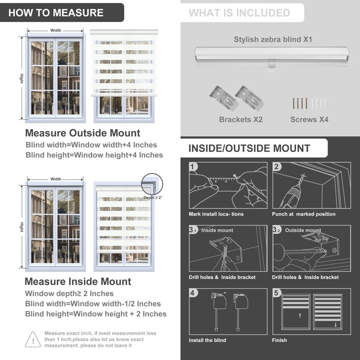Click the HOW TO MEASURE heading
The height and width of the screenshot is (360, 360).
click(x=56, y=13)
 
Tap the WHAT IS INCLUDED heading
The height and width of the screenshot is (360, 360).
click(x=239, y=13)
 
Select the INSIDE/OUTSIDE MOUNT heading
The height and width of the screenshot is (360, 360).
click(x=249, y=148)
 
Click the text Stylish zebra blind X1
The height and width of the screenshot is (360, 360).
click(x=273, y=40)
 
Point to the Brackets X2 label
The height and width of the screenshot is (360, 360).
click(x=241, y=119)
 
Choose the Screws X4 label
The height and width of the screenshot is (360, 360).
click(x=309, y=119)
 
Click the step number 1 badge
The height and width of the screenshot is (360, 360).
click(x=193, y=167)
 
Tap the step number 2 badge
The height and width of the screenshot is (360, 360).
click(x=277, y=167)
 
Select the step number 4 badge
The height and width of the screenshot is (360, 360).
click(x=193, y=293)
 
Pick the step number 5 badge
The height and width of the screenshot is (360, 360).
click(x=277, y=293)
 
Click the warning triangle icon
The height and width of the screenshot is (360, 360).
click(x=33, y=339)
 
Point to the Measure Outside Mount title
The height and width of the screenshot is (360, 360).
click(x=82, y=133)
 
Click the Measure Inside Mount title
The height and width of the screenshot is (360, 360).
click(x=78, y=282)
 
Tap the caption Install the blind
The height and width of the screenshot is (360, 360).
click(x=207, y=340)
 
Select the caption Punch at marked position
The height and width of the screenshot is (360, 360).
click(x=303, y=214)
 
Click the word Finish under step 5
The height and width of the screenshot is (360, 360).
click(x=279, y=340)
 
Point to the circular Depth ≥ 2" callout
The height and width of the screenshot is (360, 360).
click(x=150, y=184)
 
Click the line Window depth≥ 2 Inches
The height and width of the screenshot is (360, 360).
click(x=69, y=293)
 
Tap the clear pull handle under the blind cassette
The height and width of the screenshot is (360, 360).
click(x=271, y=67)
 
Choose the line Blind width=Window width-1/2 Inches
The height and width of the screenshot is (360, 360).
click(x=93, y=304)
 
